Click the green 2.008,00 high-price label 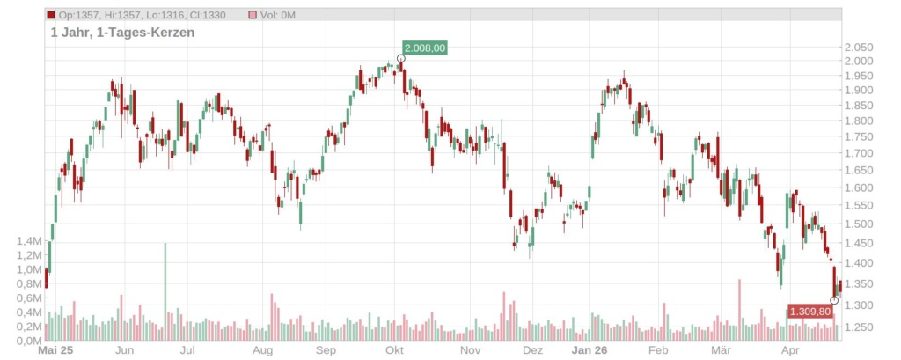425,48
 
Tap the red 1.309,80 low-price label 809,312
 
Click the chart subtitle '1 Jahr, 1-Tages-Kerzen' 122,33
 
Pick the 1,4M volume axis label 30,241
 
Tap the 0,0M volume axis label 30,341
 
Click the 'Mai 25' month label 56,350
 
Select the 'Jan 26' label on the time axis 589,350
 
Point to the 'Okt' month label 395,350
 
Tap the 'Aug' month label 262,350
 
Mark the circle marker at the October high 401,59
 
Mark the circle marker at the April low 834,301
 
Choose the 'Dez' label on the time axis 531,350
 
